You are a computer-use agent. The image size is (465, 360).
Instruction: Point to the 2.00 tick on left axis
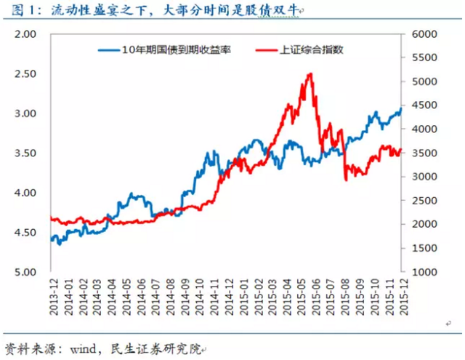point(25,34)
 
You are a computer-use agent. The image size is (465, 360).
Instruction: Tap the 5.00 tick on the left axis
point(25,272)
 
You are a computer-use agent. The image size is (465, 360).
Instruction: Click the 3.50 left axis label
point(25,153)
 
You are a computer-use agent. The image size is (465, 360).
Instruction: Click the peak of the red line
point(311,73)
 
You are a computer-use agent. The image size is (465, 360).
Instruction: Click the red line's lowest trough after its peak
point(346,179)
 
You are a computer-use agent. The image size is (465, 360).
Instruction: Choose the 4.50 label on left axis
point(25,233)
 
